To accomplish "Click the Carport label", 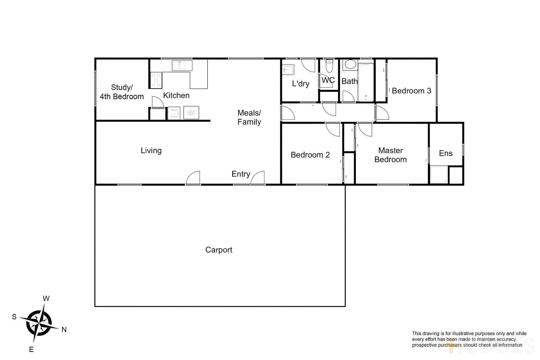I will point(219,250).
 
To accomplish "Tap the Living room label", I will point(151,150).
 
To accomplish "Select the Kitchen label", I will point(176,95).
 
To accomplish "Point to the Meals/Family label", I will point(249,117).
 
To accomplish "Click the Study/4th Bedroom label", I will point(122,92).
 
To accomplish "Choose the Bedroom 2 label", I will point(310,155).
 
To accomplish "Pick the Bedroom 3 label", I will point(411,91).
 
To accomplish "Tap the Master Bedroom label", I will point(390,155).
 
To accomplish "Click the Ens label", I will point(446,154).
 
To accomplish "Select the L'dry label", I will point(300,84).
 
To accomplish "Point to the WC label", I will point(328,80).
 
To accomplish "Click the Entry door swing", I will point(258,178).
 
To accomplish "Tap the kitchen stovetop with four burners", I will point(156,80).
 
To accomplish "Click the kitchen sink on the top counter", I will point(182,65).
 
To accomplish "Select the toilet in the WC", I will point(329,66).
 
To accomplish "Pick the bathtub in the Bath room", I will point(366,82).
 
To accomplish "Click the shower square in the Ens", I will point(439,174).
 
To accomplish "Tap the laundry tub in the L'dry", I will point(288,70).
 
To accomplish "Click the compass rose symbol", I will point(39,323).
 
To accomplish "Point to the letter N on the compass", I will point(64,330).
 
